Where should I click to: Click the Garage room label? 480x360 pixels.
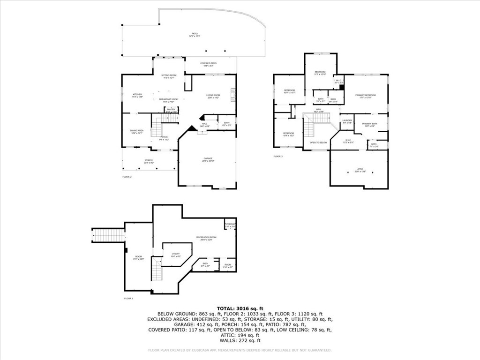point(207,159)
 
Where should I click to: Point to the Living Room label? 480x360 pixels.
point(213,96)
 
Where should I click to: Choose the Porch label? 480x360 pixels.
point(149,161)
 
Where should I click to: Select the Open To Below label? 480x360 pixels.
point(318,142)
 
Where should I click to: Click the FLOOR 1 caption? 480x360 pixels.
point(128,298)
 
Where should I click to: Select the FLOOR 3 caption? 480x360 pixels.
point(278,156)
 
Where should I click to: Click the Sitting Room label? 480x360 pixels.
point(169,76)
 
